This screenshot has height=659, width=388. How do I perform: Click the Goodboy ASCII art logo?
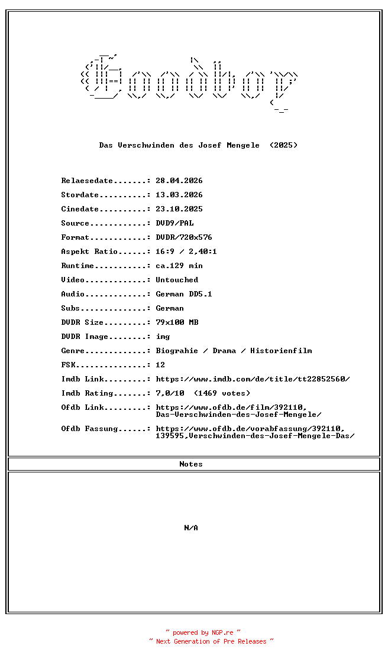189,83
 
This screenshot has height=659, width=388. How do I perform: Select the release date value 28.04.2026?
179,181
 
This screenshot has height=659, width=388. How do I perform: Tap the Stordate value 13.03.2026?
179,195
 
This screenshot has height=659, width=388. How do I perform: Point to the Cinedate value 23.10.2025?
179,209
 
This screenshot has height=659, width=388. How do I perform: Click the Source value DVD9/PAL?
174,223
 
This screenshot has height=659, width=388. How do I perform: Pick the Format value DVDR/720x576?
184,237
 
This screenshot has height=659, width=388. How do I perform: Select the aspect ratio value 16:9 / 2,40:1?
186,252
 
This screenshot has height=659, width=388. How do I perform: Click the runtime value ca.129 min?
179,266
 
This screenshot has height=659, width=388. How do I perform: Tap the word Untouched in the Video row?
177,280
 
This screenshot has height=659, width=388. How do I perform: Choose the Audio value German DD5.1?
184,294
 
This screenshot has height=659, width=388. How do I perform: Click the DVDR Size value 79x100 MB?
177,322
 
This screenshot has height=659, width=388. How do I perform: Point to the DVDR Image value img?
163,337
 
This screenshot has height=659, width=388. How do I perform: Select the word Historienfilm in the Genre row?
281,351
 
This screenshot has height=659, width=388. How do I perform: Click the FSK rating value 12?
160,365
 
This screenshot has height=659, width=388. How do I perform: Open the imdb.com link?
253,379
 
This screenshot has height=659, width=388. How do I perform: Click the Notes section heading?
191,464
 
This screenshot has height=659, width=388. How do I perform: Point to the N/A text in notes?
191,528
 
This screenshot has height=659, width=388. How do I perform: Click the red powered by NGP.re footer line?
203,632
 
